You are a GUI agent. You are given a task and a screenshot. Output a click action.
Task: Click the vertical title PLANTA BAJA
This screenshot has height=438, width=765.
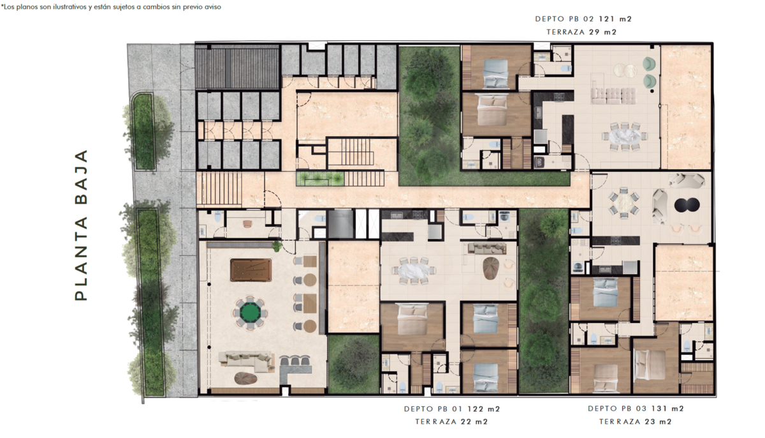click(82, 225)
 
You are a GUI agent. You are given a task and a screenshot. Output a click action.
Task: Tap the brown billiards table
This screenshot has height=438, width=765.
click(251, 270)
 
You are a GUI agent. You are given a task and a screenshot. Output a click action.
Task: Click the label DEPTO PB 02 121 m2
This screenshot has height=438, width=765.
click(583, 19)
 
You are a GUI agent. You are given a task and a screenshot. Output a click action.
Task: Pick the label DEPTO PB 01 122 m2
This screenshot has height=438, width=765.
click(452, 409)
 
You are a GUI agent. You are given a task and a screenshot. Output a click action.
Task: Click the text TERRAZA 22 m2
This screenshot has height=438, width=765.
click(451, 422)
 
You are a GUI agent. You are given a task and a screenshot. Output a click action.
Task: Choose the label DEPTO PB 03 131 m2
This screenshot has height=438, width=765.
click(636, 409)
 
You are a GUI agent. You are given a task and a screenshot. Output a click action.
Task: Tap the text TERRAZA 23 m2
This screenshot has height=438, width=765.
click(635, 422)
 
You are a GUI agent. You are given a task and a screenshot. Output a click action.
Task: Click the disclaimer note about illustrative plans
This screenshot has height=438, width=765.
click(111, 7)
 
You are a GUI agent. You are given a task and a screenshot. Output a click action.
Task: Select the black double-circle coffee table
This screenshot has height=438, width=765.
click(687, 205)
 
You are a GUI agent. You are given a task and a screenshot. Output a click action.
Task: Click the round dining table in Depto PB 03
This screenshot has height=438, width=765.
click(623, 203)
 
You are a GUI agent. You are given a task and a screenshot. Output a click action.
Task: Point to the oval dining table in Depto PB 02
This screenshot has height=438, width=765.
click(625, 136)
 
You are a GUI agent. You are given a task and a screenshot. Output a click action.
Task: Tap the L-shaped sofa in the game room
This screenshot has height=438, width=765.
click(246, 361)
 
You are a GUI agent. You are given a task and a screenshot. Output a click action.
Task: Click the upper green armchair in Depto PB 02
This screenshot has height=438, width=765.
click(649, 64)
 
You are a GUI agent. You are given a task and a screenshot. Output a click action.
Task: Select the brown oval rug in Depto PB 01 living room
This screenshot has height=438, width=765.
click(491, 268)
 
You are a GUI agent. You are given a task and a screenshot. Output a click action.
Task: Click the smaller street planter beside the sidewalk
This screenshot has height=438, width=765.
click(144, 132)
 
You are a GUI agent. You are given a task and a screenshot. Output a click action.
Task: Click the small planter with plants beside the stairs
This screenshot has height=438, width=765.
click(320, 179)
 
